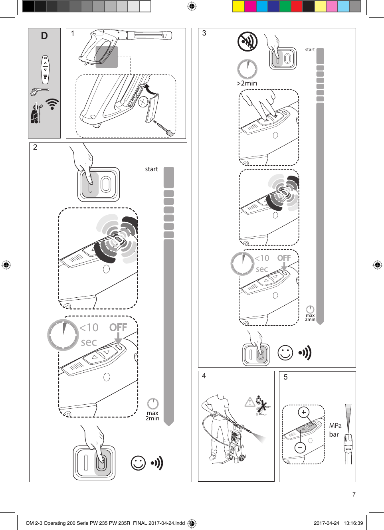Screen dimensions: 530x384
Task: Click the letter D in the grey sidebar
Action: click(44, 36)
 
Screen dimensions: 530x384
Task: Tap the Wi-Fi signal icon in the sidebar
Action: click(52, 104)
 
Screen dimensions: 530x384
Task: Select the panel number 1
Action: click(73, 34)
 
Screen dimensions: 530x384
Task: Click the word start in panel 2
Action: click(151, 169)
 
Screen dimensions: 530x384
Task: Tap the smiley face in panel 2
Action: click(138, 463)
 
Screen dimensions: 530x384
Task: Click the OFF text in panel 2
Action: click(118, 327)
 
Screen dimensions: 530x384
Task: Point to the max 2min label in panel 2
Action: click(152, 415)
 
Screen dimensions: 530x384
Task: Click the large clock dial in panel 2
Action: click(63, 335)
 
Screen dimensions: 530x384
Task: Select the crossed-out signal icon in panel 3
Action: click(247, 42)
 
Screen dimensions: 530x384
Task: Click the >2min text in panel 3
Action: click(247, 83)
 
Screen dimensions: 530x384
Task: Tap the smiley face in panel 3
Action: click(285, 352)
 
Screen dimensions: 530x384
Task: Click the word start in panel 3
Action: click(310, 49)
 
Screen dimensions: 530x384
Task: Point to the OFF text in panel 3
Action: click(284, 258)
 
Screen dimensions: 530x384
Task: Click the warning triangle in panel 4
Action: click(250, 402)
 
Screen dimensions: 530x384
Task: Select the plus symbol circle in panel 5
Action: click(304, 412)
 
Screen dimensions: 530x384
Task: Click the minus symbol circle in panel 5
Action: click(300, 448)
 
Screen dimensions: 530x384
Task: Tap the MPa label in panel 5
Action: click(335, 425)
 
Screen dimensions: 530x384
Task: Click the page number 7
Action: click(354, 494)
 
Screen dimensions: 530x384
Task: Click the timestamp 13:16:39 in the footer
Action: click(353, 523)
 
